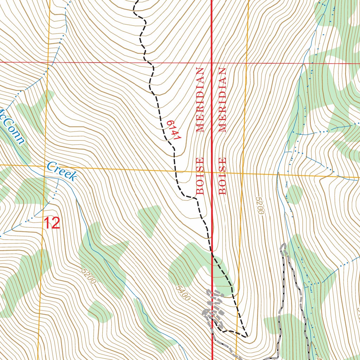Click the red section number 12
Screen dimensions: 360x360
52,223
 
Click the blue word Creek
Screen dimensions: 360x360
62,171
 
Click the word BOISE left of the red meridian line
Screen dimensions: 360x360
200,176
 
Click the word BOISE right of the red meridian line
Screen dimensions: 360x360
222,176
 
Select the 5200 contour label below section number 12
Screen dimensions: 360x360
88,276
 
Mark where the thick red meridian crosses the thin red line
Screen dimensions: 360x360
212,63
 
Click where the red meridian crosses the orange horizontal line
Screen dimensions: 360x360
212,173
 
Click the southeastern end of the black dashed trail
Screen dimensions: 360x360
247,336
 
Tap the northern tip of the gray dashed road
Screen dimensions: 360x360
284,244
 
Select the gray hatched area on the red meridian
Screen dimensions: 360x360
213,308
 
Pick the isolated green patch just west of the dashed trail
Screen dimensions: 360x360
149,220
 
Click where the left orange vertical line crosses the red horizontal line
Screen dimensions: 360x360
49,62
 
